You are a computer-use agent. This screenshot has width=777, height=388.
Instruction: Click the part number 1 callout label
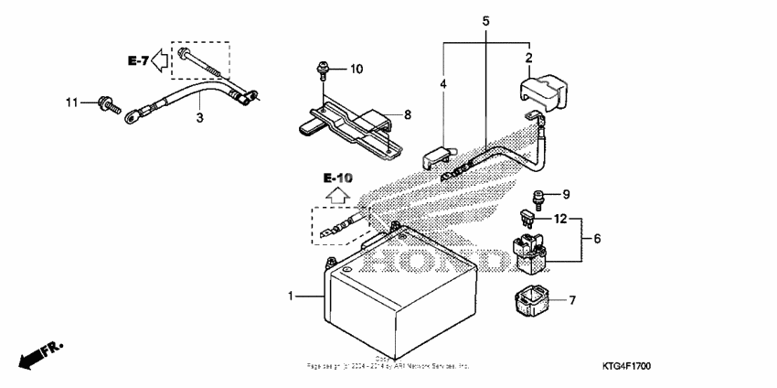click(292, 296)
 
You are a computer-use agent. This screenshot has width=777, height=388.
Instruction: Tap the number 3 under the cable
click(199, 117)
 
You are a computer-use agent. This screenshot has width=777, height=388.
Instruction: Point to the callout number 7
click(572, 299)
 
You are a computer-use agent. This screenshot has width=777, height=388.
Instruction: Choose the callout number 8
click(409, 114)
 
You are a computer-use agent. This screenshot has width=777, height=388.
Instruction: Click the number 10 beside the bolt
click(357, 69)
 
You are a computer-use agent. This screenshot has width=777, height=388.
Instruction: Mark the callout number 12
click(560, 219)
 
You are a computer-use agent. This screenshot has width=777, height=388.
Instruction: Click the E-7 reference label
click(138, 61)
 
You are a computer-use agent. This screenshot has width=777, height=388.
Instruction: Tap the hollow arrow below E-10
click(337, 194)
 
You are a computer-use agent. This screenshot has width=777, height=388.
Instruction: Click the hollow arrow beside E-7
click(160, 61)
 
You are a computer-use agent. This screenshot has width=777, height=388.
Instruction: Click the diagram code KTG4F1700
click(728, 366)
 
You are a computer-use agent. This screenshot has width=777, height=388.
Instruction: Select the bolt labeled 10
click(322, 68)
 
